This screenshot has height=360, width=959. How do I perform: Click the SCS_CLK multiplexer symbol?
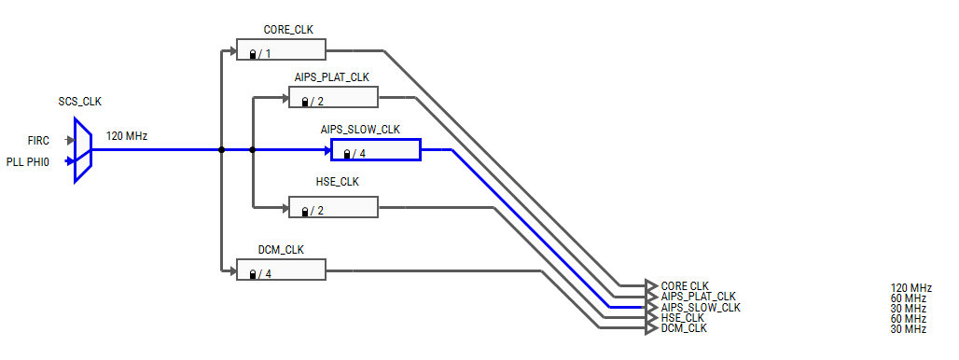pos(83,150)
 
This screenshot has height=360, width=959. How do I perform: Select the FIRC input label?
pos(38,141)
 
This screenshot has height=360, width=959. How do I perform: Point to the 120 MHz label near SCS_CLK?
pos(127,136)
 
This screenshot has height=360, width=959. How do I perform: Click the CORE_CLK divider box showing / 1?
pos(280,51)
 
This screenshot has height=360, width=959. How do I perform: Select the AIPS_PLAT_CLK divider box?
pos(333,98)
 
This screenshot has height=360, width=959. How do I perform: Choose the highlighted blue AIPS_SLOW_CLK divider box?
pos(376,150)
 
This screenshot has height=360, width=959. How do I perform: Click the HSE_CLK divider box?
pos(333,207)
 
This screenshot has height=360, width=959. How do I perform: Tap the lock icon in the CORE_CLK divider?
pos(253,55)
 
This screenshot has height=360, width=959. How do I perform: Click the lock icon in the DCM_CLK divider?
pos(253,274)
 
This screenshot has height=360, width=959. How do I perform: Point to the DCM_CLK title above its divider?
pos(281,250)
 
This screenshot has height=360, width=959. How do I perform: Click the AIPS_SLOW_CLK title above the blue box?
pos(360,130)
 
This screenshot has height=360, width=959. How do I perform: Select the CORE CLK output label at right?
pos(685,285)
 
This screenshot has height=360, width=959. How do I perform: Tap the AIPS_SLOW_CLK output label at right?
pos(701,307)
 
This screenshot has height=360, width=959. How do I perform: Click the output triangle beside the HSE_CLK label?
pos(651,317)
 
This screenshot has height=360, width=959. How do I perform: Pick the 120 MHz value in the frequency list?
pos(910,287)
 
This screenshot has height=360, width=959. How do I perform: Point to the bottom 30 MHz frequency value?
pos(908,328)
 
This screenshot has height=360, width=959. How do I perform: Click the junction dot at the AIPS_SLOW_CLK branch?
pos(253,150)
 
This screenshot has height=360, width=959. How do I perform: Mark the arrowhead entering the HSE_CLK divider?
pos(284,207)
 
